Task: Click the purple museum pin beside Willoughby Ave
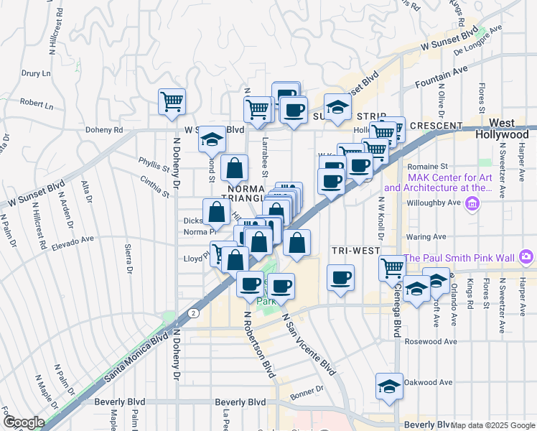[x=472, y=205]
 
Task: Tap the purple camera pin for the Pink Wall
[x=527, y=256]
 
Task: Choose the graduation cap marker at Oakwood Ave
[x=388, y=386]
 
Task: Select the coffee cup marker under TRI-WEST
[x=341, y=277]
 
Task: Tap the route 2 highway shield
[x=193, y=313]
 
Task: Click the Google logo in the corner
[x=23, y=422]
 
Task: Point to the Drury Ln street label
[x=36, y=73]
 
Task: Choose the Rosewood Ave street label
[x=431, y=341]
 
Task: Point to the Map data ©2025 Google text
[x=492, y=425]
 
